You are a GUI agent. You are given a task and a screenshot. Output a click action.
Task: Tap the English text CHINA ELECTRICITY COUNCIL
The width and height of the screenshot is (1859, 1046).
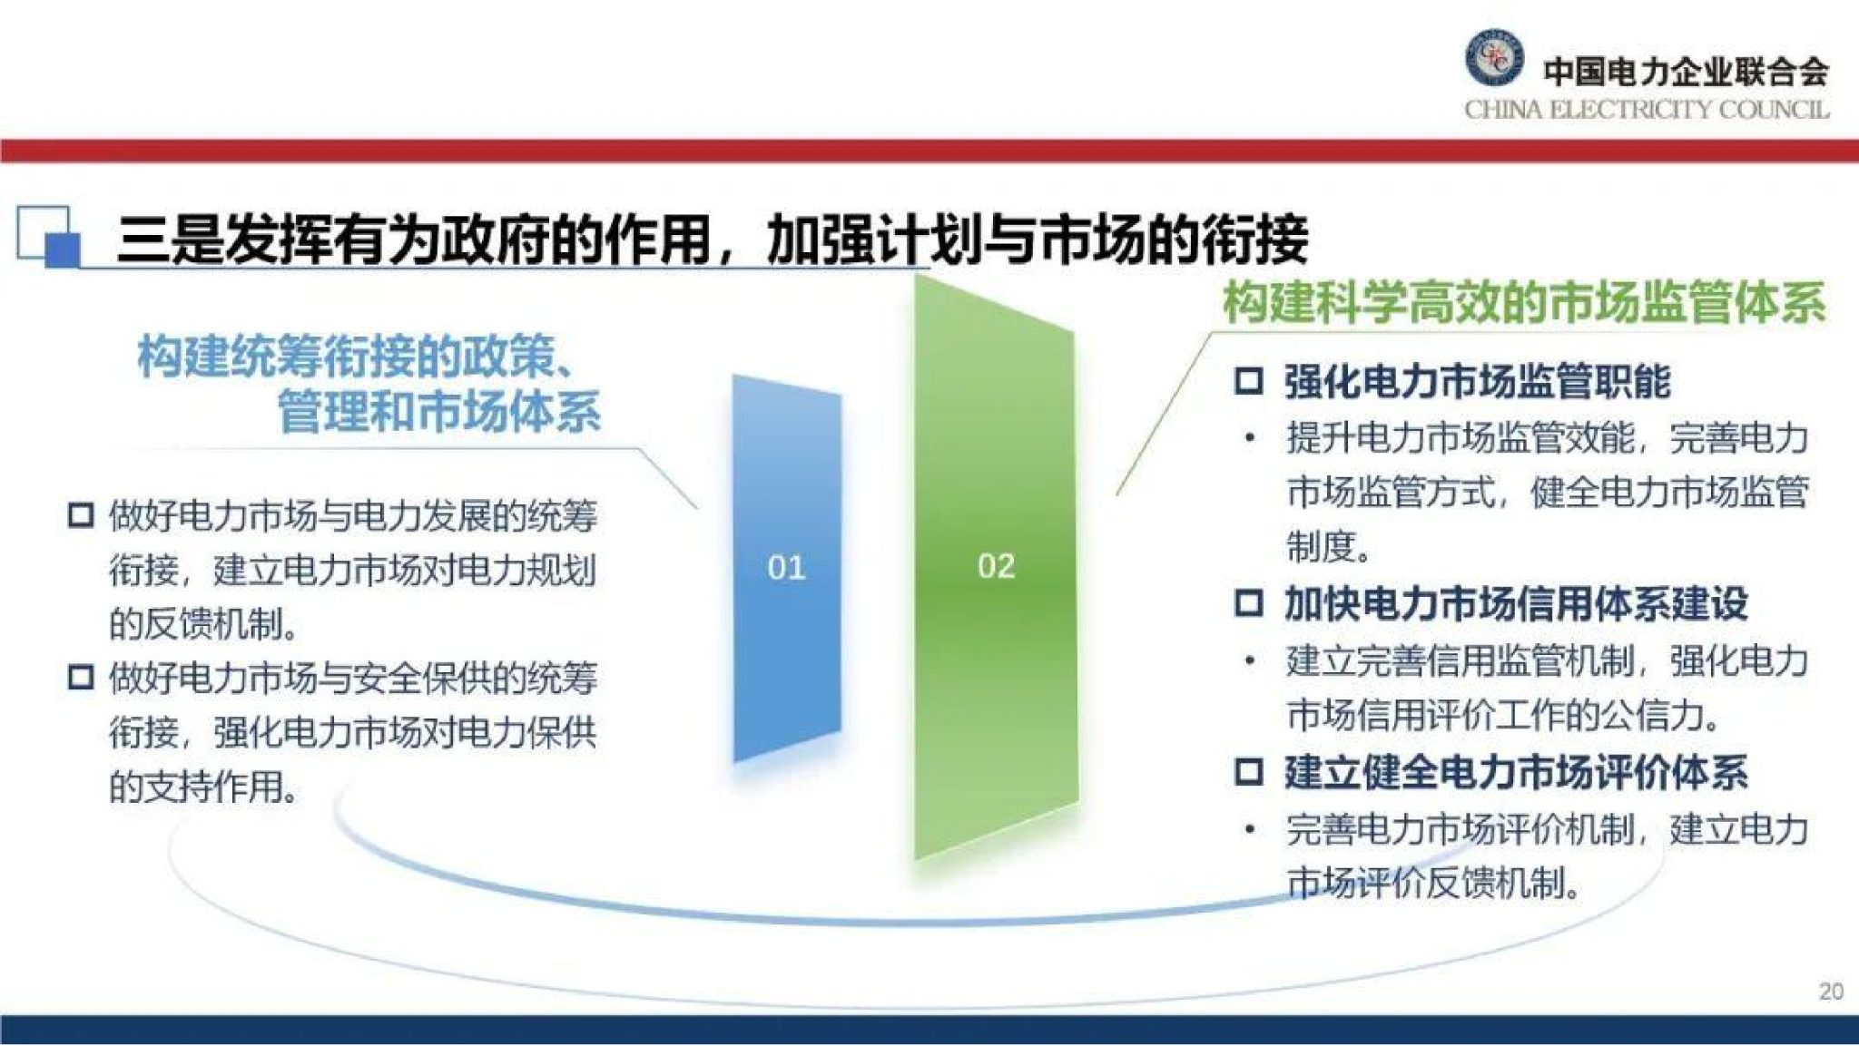[x=1646, y=110]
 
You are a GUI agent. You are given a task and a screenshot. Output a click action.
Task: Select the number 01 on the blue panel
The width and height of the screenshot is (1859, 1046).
[x=786, y=568]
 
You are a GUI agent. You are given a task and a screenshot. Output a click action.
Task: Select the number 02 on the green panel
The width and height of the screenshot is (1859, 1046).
[x=996, y=566]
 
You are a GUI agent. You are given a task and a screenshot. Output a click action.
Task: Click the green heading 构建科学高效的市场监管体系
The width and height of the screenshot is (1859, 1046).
[x=1523, y=303]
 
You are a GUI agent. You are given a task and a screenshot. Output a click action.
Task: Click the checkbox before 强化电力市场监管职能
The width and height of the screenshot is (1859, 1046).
[x=1249, y=381]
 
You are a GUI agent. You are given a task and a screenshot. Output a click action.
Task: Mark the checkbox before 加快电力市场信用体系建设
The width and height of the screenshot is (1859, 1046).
[x=1249, y=603]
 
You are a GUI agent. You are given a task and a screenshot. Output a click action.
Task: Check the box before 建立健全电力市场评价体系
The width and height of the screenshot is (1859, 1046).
[x=1249, y=772]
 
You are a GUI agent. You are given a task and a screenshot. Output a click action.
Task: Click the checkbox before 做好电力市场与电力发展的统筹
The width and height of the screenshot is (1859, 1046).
[x=81, y=516]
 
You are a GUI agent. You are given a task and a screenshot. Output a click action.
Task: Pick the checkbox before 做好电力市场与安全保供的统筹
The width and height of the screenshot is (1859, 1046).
[x=81, y=678]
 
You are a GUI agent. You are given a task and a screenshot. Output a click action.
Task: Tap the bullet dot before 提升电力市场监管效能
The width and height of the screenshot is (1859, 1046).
[x=1250, y=439]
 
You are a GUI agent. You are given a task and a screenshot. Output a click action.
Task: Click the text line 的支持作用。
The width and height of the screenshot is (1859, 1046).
[x=204, y=786]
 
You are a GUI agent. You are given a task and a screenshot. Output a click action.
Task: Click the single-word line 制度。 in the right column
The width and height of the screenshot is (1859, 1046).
[x=1329, y=547]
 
